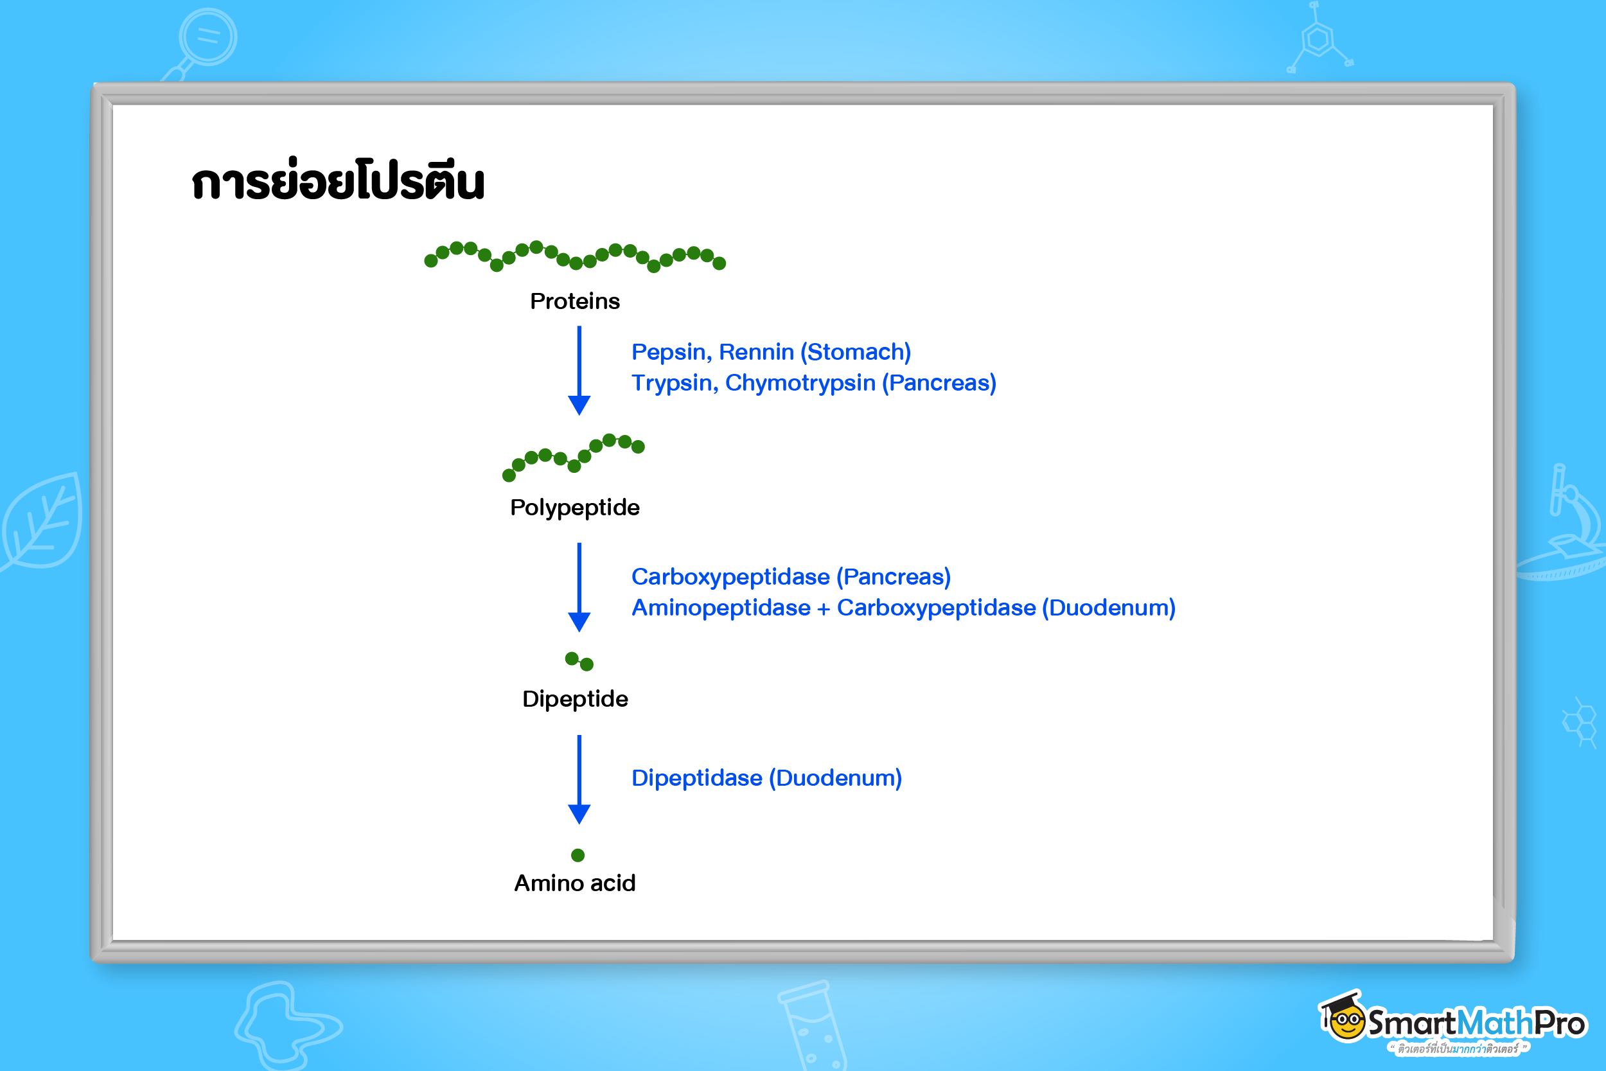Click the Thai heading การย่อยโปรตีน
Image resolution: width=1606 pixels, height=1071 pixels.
point(338,182)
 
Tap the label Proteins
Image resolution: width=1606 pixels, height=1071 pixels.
point(575,301)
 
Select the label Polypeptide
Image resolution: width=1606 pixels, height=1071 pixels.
point(575,508)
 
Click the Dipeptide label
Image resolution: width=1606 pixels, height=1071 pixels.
point(575,699)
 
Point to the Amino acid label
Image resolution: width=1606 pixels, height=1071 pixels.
point(575,883)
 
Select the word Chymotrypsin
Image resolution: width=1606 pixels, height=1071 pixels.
point(800,383)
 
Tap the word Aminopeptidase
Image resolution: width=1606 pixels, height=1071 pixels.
point(721,608)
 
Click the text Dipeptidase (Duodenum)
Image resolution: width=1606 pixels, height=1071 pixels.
point(766,778)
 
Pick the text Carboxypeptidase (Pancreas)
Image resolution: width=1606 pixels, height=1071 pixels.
point(791,577)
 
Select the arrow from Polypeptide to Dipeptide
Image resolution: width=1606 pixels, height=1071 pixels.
point(579,587)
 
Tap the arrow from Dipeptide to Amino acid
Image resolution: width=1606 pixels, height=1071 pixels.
point(579,779)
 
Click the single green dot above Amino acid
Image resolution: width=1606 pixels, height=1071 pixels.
point(578,855)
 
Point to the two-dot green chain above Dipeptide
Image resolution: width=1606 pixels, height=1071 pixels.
point(579,661)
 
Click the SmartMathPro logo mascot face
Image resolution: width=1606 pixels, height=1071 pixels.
point(1347,1023)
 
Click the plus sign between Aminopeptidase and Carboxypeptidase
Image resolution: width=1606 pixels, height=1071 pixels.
point(824,608)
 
